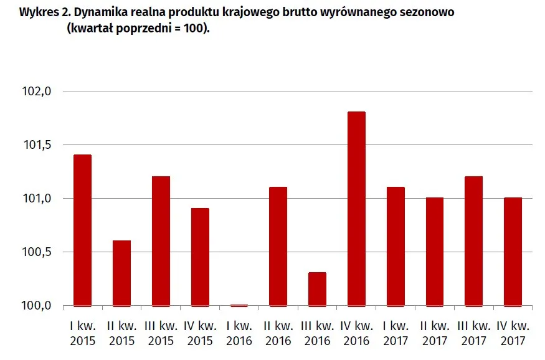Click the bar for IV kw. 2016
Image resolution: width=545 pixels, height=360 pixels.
(x=356, y=209)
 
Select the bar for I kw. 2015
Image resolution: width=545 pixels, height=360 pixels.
(x=82, y=230)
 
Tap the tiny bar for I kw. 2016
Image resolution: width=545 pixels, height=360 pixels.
(x=239, y=305)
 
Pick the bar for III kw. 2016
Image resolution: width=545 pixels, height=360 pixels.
(x=317, y=289)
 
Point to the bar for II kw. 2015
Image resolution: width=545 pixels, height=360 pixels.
(x=121, y=273)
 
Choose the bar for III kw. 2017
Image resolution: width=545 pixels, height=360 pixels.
(x=474, y=241)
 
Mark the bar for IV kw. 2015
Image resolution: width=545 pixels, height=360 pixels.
(x=200, y=257)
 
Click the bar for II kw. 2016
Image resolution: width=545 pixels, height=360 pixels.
(x=278, y=247)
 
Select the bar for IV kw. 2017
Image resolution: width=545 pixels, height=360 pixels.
(x=513, y=252)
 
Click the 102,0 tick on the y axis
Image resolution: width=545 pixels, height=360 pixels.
(x=37, y=92)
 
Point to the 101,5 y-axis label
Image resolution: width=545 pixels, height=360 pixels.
(x=37, y=145)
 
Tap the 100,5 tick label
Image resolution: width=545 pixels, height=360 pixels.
(x=37, y=252)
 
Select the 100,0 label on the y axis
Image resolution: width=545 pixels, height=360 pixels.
(x=37, y=305)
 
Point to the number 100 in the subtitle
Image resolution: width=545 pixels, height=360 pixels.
(x=193, y=28)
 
